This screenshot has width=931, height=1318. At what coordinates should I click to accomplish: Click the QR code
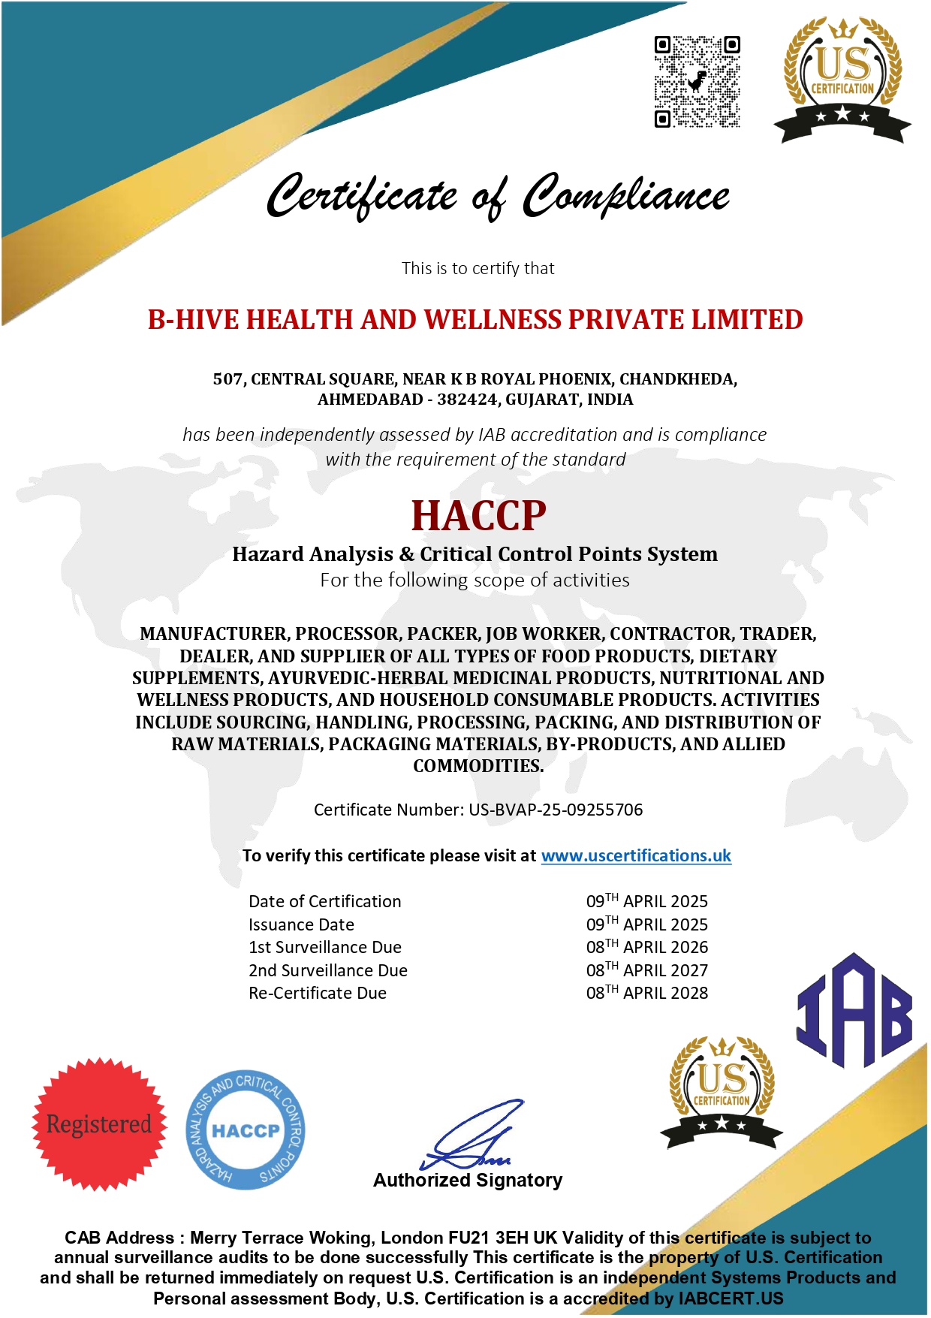[x=697, y=82]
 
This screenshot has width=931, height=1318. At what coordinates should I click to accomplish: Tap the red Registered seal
[x=99, y=1123]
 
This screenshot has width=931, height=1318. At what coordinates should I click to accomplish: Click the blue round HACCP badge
[x=246, y=1129]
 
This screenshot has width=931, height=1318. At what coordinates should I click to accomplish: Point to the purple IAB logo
[x=854, y=1011]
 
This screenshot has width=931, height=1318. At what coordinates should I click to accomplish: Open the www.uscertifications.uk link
[x=636, y=855]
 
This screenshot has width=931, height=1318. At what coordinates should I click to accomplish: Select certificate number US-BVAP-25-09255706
[x=556, y=810]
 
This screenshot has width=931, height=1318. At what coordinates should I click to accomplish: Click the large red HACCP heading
[x=478, y=515]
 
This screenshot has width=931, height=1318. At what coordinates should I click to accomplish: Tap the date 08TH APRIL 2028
[x=646, y=993]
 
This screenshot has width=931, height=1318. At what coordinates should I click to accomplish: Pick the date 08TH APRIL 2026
[x=646, y=947]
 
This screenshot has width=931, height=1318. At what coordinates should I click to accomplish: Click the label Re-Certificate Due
[x=318, y=993]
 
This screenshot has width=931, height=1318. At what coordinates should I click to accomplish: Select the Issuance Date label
[x=301, y=924]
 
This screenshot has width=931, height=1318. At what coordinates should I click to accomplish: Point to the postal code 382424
[x=467, y=400]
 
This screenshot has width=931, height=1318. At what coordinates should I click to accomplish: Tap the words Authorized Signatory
[x=468, y=1180]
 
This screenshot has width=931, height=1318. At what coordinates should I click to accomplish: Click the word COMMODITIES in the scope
[x=478, y=766]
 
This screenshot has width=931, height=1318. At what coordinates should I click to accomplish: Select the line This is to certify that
[x=478, y=268]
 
